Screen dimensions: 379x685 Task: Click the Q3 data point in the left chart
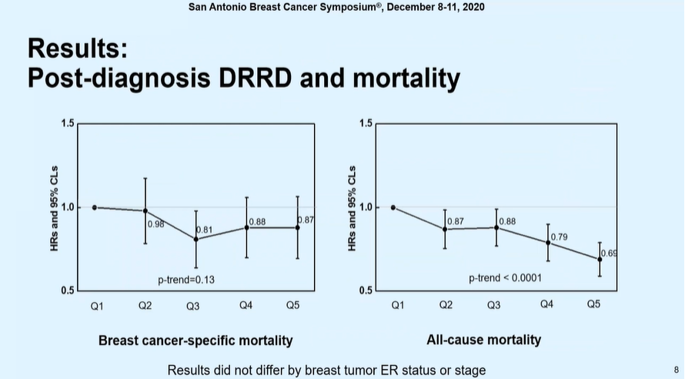195,239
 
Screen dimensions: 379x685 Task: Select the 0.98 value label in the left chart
156,223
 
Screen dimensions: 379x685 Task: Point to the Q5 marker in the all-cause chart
600,259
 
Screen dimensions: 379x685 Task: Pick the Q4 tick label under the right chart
546,305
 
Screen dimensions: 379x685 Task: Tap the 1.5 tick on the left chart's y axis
67,124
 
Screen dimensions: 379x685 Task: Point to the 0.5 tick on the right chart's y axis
365,290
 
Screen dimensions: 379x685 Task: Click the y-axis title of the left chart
55,206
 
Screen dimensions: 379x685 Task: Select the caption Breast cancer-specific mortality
195,340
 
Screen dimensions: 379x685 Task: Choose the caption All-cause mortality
483,339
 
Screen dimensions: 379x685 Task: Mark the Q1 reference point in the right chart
393,207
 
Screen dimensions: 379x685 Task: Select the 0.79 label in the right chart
560,236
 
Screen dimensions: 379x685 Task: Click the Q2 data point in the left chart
145,210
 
